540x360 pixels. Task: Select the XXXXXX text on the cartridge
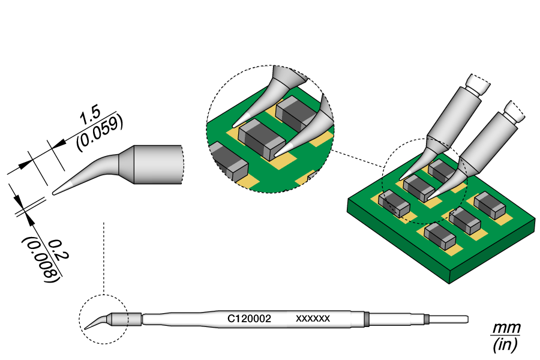coord(313,319)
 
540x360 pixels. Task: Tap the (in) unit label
coord(505,345)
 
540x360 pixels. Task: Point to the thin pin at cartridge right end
coord(448,319)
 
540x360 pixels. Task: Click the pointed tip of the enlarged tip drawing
coord(56,193)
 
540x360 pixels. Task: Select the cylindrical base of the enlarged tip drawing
coord(157,164)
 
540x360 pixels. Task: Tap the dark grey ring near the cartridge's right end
coord(366,319)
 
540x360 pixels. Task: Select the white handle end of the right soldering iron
coord(515,110)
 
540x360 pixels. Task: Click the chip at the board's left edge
coord(394,203)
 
